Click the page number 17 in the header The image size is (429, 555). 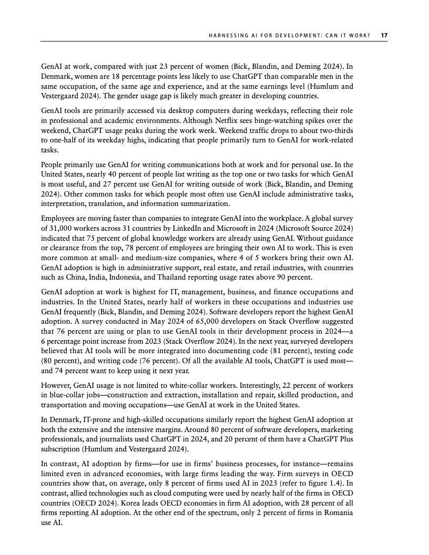[384, 35]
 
